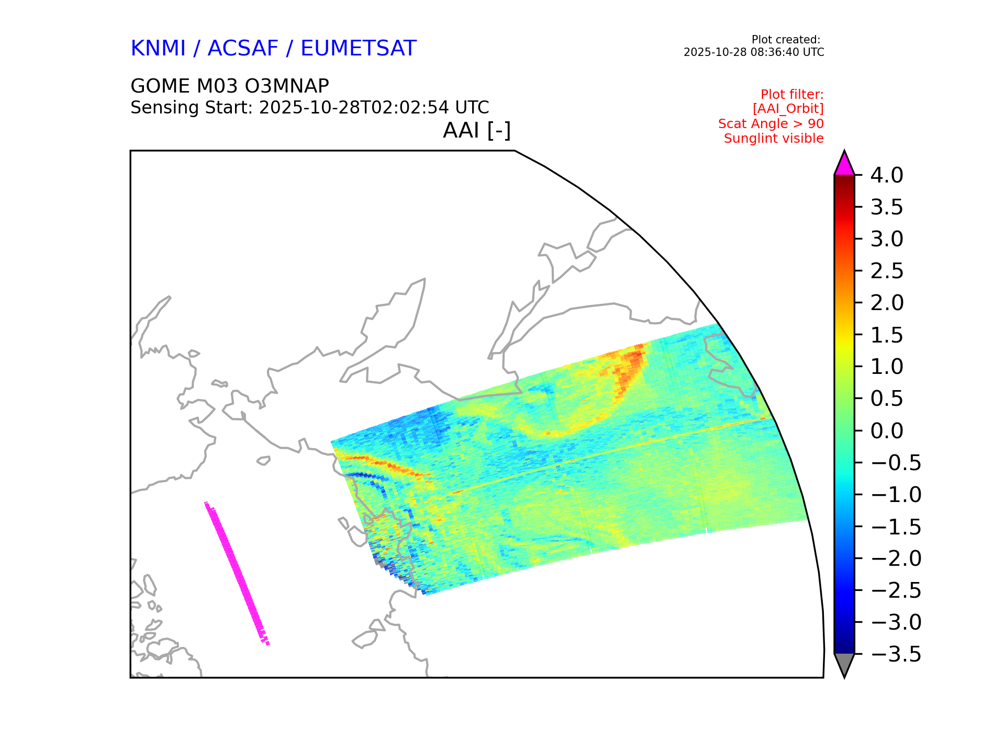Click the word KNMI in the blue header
[x=158, y=49]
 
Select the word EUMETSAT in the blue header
[x=358, y=49]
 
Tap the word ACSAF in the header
[x=243, y=49]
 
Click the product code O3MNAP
[x=280, y=86]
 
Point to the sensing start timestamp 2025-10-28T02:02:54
[x=354, y=108]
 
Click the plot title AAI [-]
[x=476, y=130]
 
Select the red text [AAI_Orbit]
[x=788, y=109]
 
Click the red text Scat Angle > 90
[x=770, y=124]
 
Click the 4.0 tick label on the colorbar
[x=887, y=175]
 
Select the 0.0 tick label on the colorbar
[x=887, y=431]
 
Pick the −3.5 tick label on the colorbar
[x=896, y=654]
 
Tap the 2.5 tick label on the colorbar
[x=887, y=271]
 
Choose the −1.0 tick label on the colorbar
[x=896, y=495]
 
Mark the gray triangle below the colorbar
[x=844, y=664]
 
